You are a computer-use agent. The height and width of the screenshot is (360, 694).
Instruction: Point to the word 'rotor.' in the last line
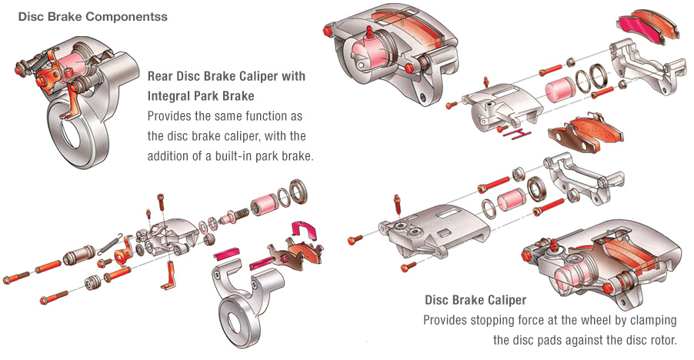pos(659,339)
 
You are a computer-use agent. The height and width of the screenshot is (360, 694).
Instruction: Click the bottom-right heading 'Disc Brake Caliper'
pos(475,300)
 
